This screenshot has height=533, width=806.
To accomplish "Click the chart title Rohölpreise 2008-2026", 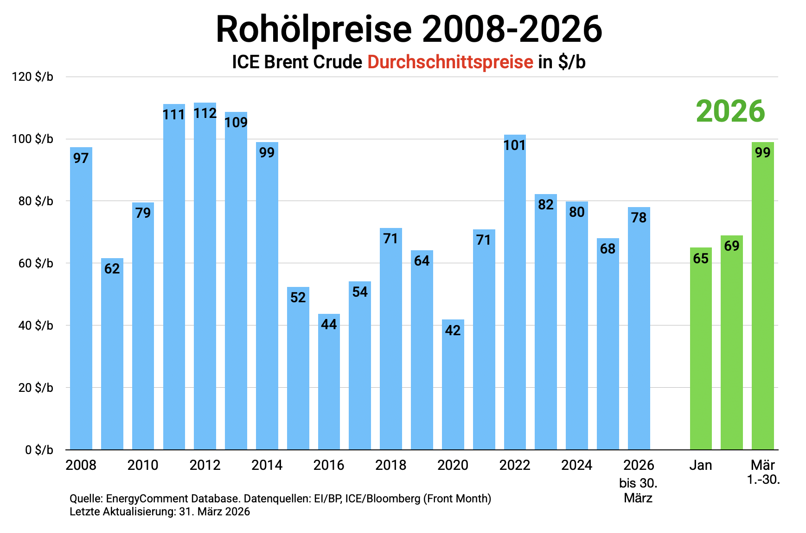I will click(x=409, y=30).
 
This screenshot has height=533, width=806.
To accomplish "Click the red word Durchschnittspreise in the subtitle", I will click(x=450, y=62).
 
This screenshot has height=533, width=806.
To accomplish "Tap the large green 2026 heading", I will click(x=730, y=111).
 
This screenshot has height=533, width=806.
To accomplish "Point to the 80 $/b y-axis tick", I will click(x=36, y=201).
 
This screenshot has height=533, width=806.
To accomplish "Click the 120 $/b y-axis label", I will click(x=32, y=77).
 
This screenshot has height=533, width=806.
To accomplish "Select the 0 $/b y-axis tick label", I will click(x=39, y=450).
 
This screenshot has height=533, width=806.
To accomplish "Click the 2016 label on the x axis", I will click(x=329, y=465).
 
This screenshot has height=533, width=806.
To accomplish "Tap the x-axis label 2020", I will click(x=453, y=465).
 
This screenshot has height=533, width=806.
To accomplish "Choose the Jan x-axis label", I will click(x=700, y=465).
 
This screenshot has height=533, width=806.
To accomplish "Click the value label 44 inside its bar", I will click(x=329, y=324).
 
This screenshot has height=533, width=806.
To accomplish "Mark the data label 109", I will click(x=236, y=123).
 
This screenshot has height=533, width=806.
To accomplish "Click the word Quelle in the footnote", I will click(x=85, y=499).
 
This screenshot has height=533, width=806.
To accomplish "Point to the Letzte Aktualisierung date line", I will click(x=160, y=512).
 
